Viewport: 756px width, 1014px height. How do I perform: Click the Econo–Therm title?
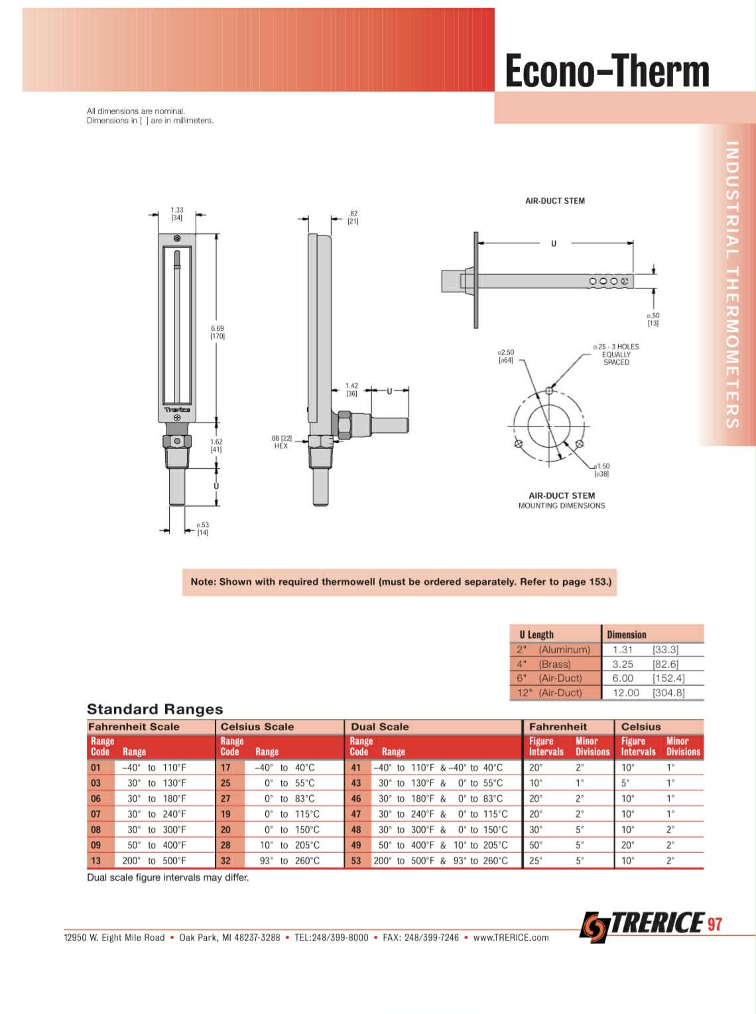click(x=607, y=71)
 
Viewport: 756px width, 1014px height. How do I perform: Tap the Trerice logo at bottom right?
click(x=643, y=926)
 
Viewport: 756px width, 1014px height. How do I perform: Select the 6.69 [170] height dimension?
click(x=218, y=332)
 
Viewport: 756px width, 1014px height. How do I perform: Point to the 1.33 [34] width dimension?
click(x=177, y=214)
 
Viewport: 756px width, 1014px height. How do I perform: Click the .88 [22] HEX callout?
click(x=281, y=442)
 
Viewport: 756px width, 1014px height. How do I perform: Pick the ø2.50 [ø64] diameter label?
click(x=506, y=355)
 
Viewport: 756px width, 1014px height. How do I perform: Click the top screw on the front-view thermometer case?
click(x=177, y=238)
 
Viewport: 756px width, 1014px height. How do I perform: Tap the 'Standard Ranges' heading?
click(x=155, y=709)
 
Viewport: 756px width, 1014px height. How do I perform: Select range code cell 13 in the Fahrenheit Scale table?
click(x=95, y=861)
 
